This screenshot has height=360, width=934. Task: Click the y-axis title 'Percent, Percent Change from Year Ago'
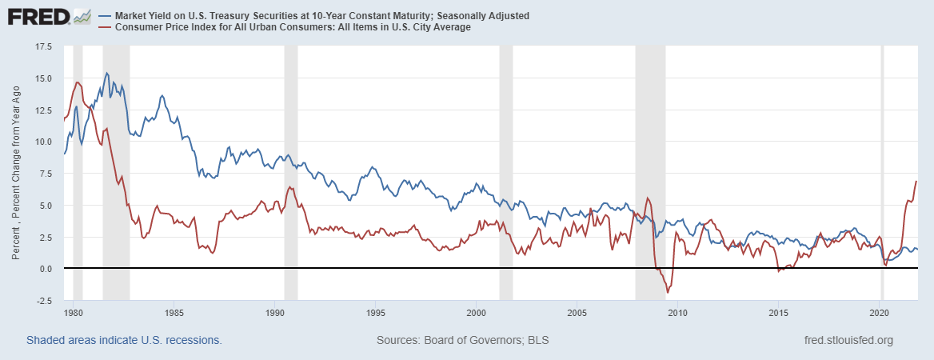(x=17, y=173)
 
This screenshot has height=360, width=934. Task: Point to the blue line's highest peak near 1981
(x=107, y=73)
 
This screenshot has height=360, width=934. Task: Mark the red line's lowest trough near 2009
(x=667, y=293)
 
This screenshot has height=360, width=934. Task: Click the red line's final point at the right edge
(x=916, y=182)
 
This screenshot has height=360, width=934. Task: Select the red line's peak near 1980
(x=78, y=82)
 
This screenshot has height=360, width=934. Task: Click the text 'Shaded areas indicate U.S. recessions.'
(x=124, y=340)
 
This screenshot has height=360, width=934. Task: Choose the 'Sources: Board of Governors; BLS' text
(x=462, y=340)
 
